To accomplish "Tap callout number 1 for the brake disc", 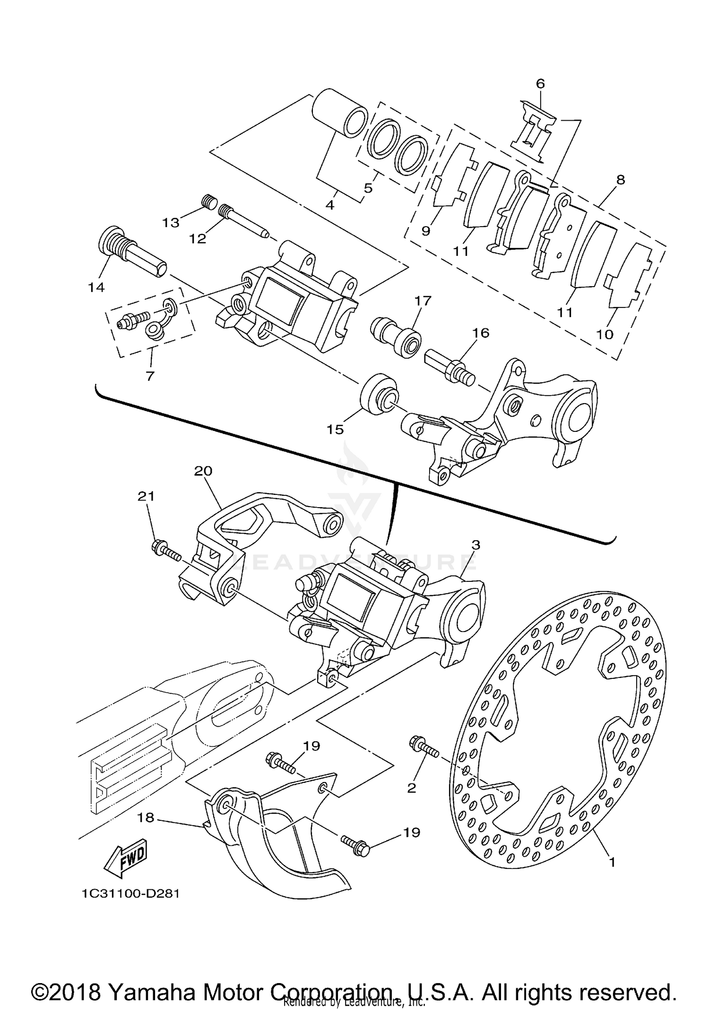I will [612, 862].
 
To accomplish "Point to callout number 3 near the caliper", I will [476, 545].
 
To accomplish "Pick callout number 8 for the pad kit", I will [621, 180].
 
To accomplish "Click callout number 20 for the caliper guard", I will [203, 471].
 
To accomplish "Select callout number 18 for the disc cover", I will [146, 817].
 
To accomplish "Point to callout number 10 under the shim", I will [605, 334].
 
